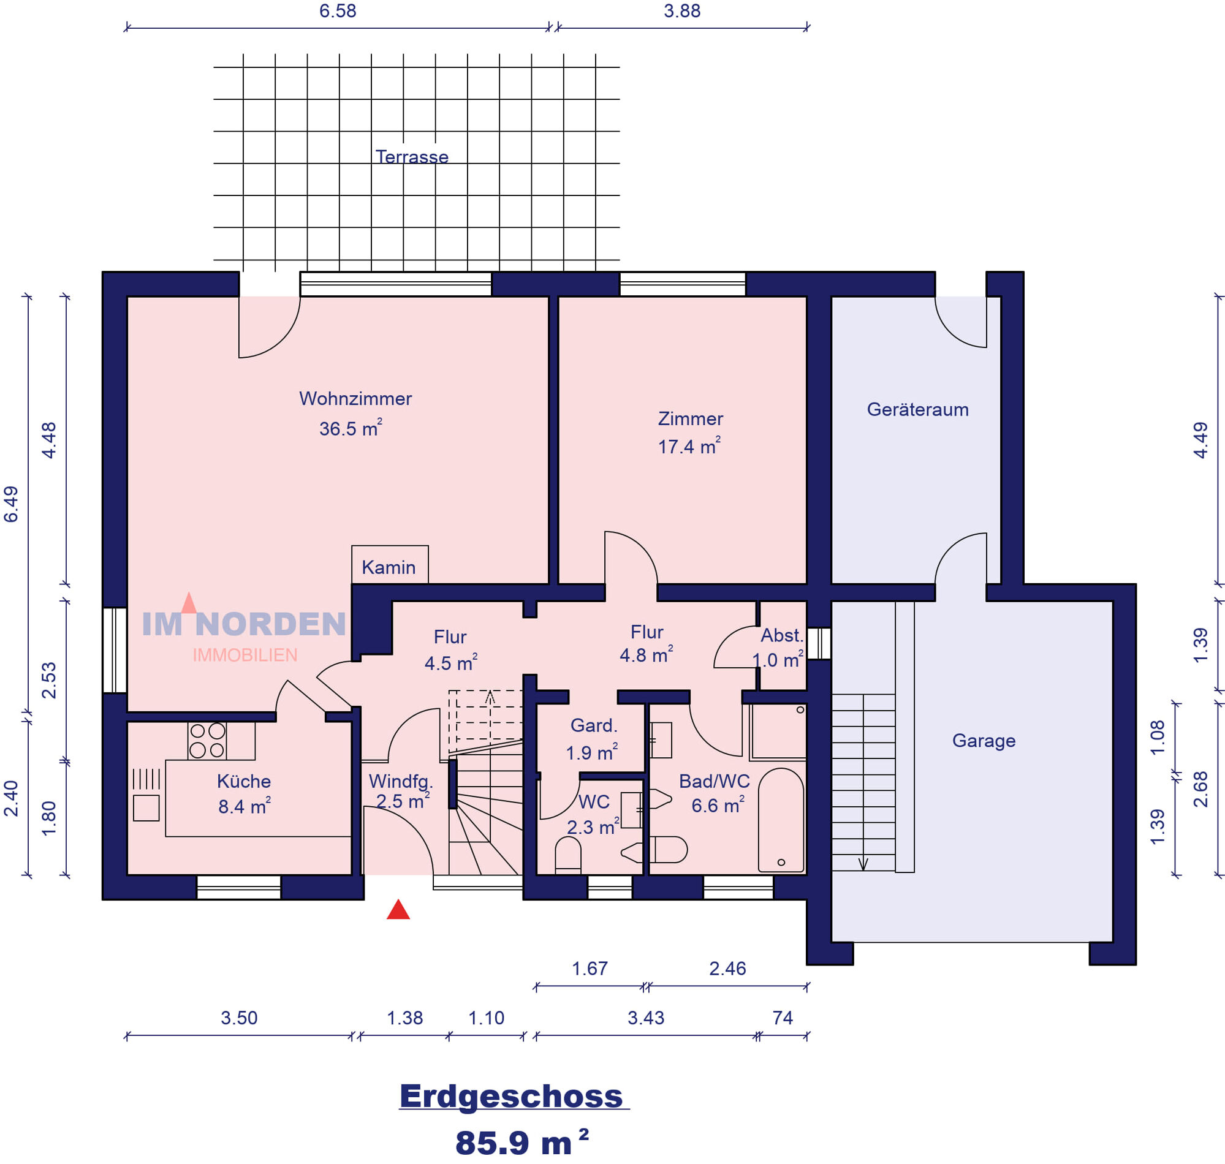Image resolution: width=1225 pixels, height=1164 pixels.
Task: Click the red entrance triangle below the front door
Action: click(x=398, y=910)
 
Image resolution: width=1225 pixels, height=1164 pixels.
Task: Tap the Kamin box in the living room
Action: click(x=390, y=564)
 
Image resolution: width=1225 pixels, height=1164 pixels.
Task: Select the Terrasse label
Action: click(x=411, y=156)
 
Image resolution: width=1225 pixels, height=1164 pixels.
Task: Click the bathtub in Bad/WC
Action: click(x=781, y=820)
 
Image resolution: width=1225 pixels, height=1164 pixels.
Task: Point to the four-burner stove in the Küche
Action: click(x=207, y=741)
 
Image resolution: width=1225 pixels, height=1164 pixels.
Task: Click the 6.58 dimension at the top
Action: click(x=338, y=11)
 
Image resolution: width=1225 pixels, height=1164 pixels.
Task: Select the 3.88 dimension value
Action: click(x=682, y=11)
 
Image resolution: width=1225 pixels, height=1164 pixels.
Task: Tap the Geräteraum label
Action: click(x=917, y=409)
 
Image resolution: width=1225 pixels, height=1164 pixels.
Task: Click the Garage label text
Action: click(x=984, y=740)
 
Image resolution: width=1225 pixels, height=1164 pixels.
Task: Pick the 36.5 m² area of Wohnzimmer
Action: click(x=351, y=428)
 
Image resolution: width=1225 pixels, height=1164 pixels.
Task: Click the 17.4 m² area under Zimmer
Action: click(x=689, y=445)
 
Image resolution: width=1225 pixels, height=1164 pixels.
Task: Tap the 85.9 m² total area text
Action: click(x=521, y=1143)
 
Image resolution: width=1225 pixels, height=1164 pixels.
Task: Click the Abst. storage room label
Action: click(x=782, y=635)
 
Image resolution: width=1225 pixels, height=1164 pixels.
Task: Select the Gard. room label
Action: click(x=593, y=725)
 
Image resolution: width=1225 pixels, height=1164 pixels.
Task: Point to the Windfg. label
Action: click(x=400, y=781)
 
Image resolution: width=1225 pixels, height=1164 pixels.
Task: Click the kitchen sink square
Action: click(x=146, y=808)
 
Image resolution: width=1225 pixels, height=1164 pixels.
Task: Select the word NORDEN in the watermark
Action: click(x=271, y=624)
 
